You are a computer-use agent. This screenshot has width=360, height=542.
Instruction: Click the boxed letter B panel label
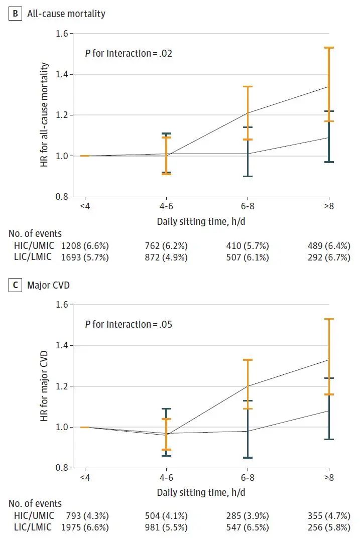point(15,14)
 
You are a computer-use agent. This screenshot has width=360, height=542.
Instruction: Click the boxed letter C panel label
point(15,286)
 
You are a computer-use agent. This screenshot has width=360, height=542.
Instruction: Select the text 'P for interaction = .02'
point(129,53)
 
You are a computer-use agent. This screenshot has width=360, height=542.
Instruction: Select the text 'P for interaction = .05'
point(129,324)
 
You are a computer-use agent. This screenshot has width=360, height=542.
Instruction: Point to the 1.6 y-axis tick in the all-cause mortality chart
point(63,34)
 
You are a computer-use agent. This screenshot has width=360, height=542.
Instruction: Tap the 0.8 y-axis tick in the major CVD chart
point(63,468)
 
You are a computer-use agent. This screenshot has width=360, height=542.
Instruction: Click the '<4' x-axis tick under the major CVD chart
point(85,479)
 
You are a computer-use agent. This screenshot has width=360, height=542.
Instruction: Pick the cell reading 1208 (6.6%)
point(85,246)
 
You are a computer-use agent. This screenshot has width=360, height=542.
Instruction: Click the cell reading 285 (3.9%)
point(247,516)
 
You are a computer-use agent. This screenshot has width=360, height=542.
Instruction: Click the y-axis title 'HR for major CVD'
point(44,386)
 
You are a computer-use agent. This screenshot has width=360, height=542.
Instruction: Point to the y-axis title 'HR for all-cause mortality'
point(44,115)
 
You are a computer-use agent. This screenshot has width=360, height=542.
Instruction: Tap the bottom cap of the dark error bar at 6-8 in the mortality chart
point(247,176)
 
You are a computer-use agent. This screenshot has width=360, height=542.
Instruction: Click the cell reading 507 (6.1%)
point(247,257)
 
